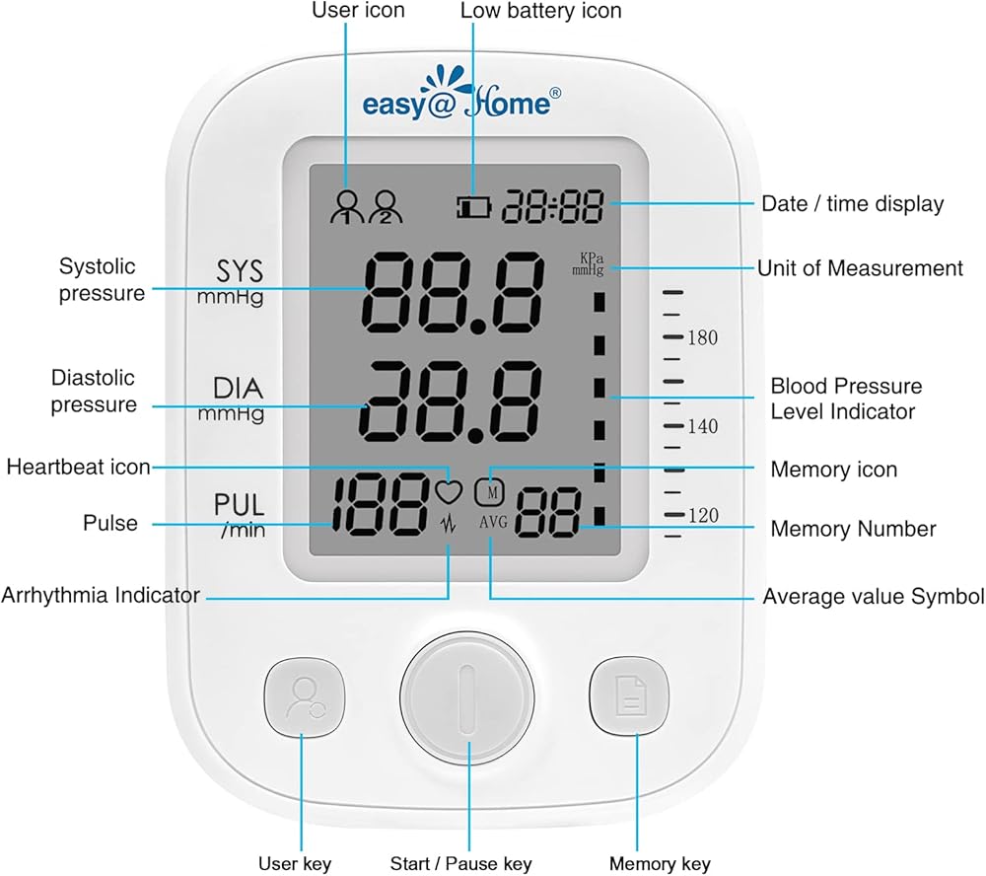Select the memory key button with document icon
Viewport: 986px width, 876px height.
[629, 696]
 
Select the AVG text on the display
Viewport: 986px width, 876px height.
[493, 523]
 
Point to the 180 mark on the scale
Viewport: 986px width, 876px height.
[702, 338]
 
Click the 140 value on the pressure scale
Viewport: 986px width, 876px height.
[702, 427]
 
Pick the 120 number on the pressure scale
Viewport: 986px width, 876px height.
[702, 516]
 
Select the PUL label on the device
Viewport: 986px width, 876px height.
[240, 505]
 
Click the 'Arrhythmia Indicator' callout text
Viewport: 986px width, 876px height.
[101, 595]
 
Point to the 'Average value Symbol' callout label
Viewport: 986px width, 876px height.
[874, 597]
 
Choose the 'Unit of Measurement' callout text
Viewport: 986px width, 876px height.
[860, 268]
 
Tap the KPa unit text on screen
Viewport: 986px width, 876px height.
[589, 258]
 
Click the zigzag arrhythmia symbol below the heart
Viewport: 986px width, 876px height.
[449, 524]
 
